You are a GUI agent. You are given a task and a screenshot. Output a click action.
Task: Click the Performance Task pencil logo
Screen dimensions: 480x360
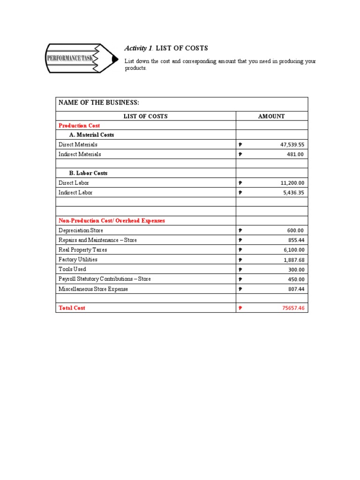(x=82, y=58)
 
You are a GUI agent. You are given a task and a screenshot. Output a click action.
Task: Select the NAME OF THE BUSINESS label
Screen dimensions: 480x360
(x=99, y=103)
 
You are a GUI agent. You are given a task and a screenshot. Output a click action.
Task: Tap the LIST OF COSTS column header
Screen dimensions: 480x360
(x=145, y=116)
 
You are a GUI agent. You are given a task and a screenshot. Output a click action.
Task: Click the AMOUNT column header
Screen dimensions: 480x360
(x=271, y=116)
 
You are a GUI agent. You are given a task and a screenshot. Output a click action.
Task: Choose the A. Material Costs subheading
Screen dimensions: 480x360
(x=92, y=135)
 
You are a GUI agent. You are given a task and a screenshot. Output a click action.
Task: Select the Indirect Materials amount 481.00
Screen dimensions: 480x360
(x=295, y=154)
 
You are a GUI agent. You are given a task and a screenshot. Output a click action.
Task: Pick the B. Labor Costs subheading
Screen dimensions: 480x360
(x=89, y=173)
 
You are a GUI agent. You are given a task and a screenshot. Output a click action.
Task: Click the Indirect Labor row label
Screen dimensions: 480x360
(x=75, y=193)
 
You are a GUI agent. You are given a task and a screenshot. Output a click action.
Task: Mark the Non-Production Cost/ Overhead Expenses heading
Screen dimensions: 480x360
(x=112, y=221)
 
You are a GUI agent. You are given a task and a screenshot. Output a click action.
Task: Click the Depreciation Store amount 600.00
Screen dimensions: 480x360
(x=295, y=231)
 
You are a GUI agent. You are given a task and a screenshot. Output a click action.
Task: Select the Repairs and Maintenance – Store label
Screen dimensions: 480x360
(x=97, y=240)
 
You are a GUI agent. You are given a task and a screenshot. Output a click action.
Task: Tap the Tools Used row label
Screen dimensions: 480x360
(x=72, y=270)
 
